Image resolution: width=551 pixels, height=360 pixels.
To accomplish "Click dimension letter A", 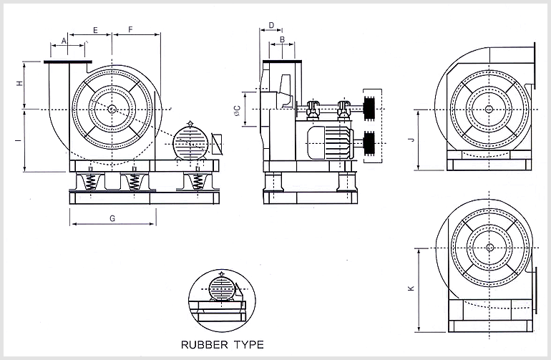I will [x=64, y=42].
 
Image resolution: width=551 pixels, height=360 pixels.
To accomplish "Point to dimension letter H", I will [x=20, y=84].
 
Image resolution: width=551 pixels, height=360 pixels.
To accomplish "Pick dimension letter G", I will [x=112, y=216].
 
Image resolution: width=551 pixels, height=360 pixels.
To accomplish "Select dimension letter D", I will [x=270, y=25].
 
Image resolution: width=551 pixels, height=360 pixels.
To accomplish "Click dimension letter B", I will [x=282, y=39].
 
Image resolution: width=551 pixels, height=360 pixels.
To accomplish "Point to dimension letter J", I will [x=410, y=140].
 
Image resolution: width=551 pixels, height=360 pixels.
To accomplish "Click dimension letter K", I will [x=410, y=288].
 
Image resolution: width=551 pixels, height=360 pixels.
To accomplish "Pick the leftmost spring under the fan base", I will [x=90, y=182].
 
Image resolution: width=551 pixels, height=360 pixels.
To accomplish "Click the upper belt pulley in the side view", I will [x=371, y=107].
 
